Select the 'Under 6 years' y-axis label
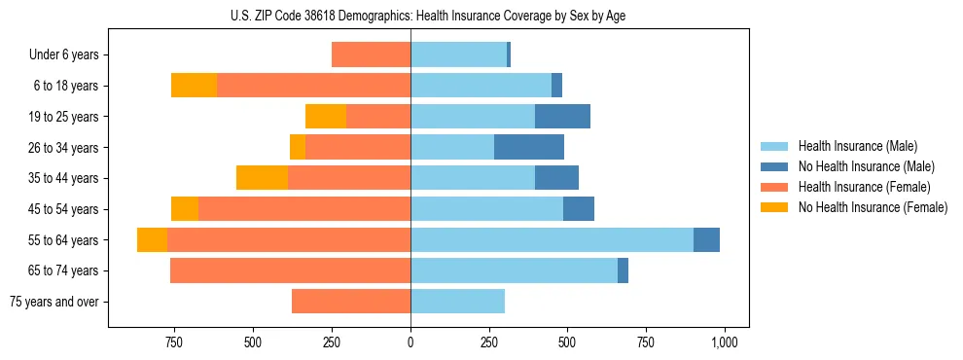pos(69,55)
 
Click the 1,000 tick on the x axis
pos(724,342)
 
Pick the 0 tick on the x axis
pos(410,342)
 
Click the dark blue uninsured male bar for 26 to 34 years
pos(529,147)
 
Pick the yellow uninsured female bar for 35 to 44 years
pos(262,178)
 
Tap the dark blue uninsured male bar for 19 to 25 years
pos(562,117)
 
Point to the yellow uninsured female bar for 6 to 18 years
pos(194,86)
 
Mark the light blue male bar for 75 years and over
pos(457,302)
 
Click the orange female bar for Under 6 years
pos(371,55)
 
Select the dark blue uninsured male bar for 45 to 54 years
pos(579,209)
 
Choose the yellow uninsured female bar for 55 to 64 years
pos(152,240)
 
